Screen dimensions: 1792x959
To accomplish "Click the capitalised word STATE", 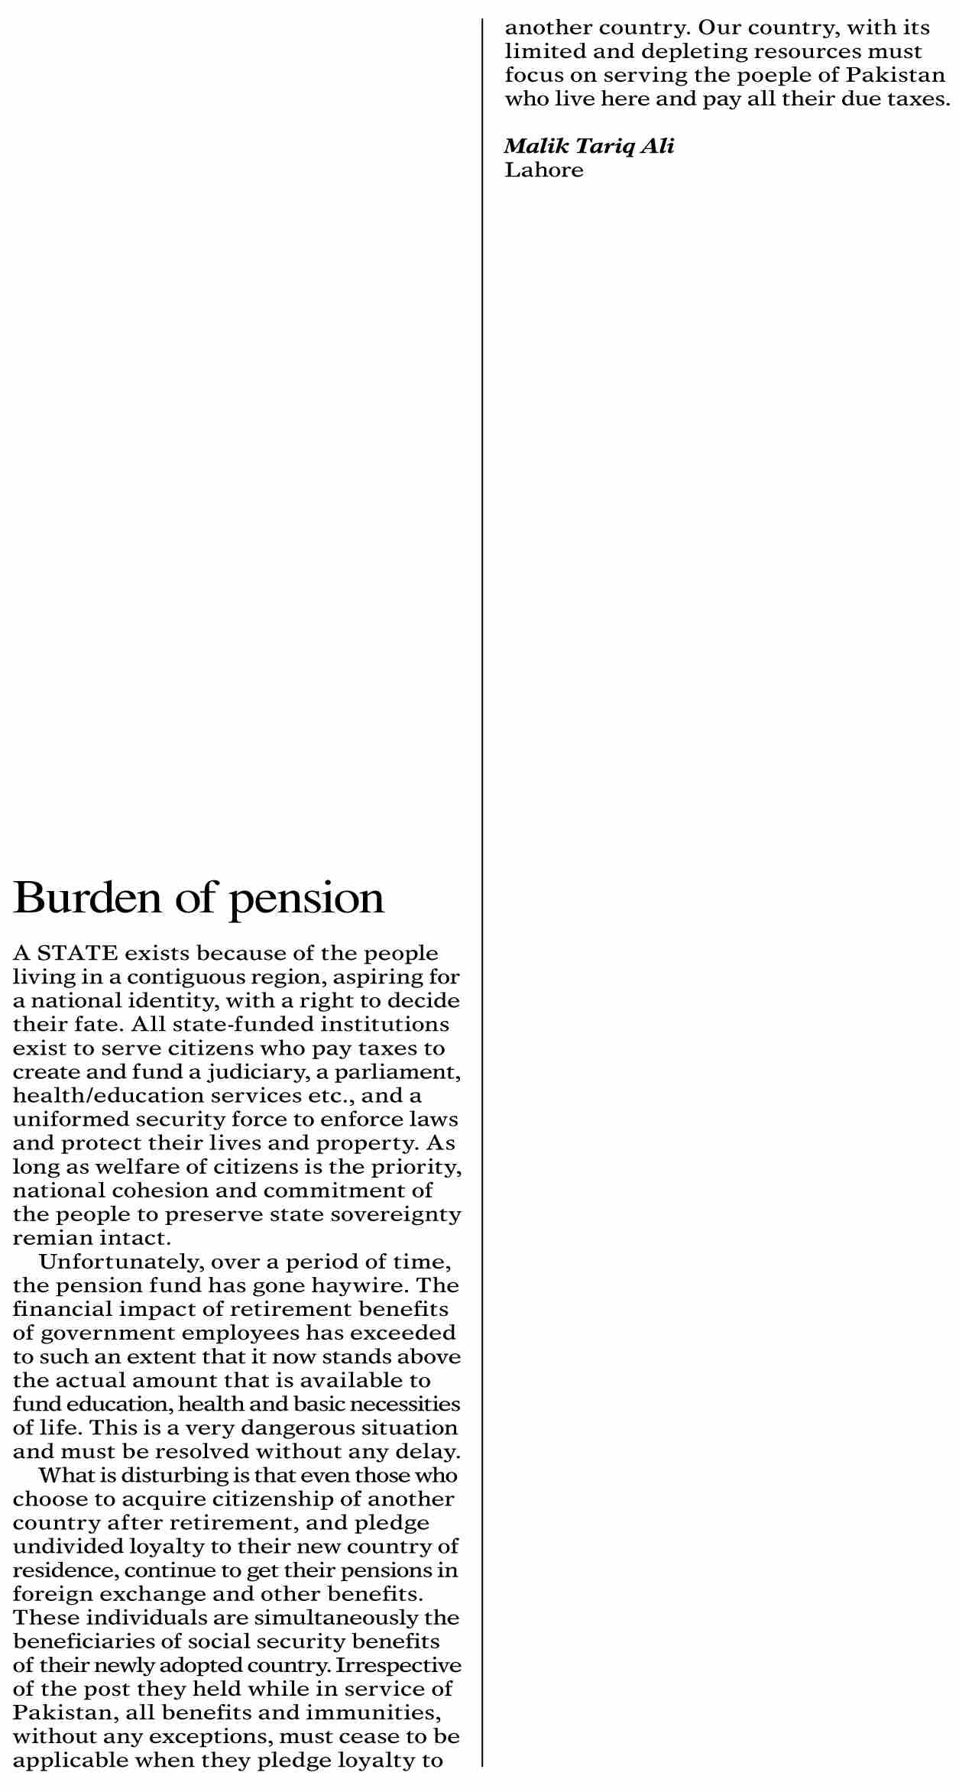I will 77,954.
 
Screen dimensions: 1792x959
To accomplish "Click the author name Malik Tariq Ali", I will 589,146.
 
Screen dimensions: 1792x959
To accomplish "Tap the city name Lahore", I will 544,170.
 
